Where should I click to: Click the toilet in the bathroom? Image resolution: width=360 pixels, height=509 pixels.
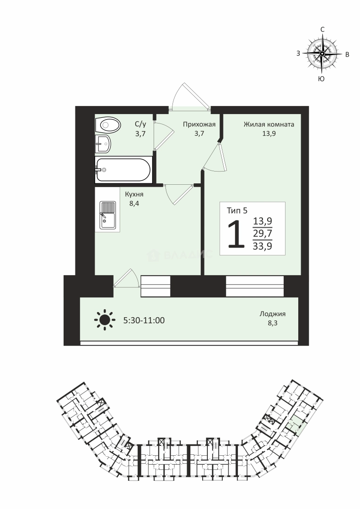(108, 124)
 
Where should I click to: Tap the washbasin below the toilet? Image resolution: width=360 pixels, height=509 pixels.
(103, 143)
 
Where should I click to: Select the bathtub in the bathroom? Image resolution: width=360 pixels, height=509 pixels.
(123, 170)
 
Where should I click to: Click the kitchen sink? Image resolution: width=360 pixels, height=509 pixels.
(108, 215)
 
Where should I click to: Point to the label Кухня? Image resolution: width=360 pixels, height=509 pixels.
(134, 194)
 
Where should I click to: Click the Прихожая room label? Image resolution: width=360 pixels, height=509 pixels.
(199, 124)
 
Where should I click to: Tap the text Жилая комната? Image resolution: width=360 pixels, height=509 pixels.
(269, 124)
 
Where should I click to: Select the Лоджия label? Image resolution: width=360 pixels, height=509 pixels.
(272, 314)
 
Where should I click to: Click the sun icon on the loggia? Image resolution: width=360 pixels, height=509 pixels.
(105, 320)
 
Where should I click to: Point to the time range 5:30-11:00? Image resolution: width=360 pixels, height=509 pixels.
(144, 320)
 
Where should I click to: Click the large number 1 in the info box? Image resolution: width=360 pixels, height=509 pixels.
(236, 234)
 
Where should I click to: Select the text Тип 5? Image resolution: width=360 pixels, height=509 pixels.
(237, 211)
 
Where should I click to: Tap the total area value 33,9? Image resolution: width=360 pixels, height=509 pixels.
(262, 246)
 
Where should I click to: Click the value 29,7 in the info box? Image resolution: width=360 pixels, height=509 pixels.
(262, 233)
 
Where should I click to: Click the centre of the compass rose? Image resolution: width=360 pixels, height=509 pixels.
(322, 54)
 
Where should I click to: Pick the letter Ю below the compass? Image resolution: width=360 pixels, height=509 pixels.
(321, 79)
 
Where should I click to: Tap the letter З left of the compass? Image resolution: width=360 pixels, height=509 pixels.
(298, 54)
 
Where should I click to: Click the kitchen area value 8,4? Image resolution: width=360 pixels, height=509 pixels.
(134, 204)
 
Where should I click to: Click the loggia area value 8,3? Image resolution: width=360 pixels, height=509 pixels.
(272, 323)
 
